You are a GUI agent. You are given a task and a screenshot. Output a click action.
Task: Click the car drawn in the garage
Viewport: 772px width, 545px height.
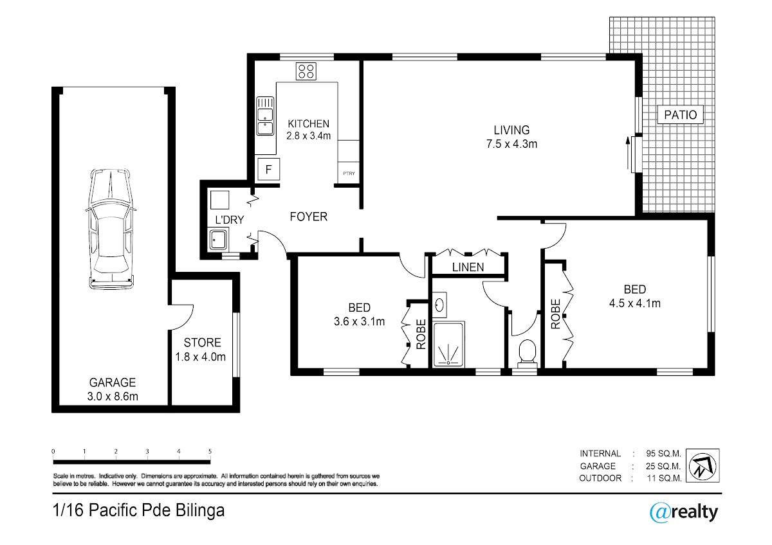[111, 229]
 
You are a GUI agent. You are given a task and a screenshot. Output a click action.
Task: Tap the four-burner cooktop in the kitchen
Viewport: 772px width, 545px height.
[306, 71]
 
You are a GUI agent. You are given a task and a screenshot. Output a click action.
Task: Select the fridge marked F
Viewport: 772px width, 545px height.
[269, 169]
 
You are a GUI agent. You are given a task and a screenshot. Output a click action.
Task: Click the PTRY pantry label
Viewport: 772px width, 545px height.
[349, 174]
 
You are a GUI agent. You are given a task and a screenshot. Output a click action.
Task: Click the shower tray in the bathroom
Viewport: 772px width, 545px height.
[448, 345]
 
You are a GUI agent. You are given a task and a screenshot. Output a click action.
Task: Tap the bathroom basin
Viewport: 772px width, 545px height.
[439, 305]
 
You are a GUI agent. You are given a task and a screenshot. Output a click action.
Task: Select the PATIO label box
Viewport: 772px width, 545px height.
[681, 114]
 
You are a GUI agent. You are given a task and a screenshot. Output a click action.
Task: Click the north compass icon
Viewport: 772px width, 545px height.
[703, 466]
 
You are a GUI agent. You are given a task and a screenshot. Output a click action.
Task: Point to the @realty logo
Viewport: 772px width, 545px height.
[684, 512]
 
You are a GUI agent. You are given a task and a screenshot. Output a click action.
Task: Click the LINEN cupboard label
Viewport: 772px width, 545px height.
[468, 267]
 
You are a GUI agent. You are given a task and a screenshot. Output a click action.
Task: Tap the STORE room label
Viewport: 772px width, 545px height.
[202, 343]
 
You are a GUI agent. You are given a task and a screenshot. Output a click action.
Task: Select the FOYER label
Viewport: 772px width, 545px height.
[308, 217]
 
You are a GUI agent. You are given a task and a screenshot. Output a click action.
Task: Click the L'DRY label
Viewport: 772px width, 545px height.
[229, 220]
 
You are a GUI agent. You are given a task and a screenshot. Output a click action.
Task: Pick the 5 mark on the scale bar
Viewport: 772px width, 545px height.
[210, 451]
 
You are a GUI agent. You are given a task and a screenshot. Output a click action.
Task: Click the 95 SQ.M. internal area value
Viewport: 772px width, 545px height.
[663, 454]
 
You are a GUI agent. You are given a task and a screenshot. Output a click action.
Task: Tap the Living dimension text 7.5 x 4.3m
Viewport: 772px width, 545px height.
[511, 144]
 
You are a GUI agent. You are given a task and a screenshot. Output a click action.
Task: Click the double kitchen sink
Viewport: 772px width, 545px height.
[265, 116]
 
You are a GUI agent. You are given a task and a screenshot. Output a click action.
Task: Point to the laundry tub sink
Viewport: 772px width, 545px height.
[217, 239]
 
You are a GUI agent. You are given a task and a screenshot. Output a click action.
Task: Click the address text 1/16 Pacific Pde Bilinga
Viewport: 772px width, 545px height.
[138, 510]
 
